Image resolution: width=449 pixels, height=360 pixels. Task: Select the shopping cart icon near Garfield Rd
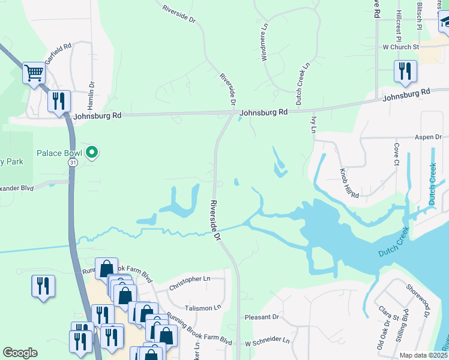pyautogui.click(x=34, y=74)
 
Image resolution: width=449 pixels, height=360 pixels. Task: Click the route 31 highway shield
pyautogui.click(x=73, y=163)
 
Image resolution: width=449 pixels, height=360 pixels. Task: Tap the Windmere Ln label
pyautogui.click(x=264, y=42)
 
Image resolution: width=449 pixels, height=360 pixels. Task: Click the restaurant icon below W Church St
pyautogui.click(x=406, y=71)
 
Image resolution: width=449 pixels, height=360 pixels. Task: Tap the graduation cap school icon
pyautogui.click(x=445, y=22)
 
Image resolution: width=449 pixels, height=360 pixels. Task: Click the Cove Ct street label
pyautogui.click(x=396, y=154)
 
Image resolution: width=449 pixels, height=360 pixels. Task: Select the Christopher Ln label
pyautogui.click(x=189, y=279)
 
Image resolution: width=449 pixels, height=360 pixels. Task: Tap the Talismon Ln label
pyautogui.click(x=199, y=308)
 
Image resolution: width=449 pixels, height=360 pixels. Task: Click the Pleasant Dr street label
pyautogui.click(x=262, y=316)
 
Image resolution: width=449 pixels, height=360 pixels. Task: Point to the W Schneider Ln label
pyautogui.click(x=267, y=340)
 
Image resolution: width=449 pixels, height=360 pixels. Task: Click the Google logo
pyautogui.click(x=20, y=353)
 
